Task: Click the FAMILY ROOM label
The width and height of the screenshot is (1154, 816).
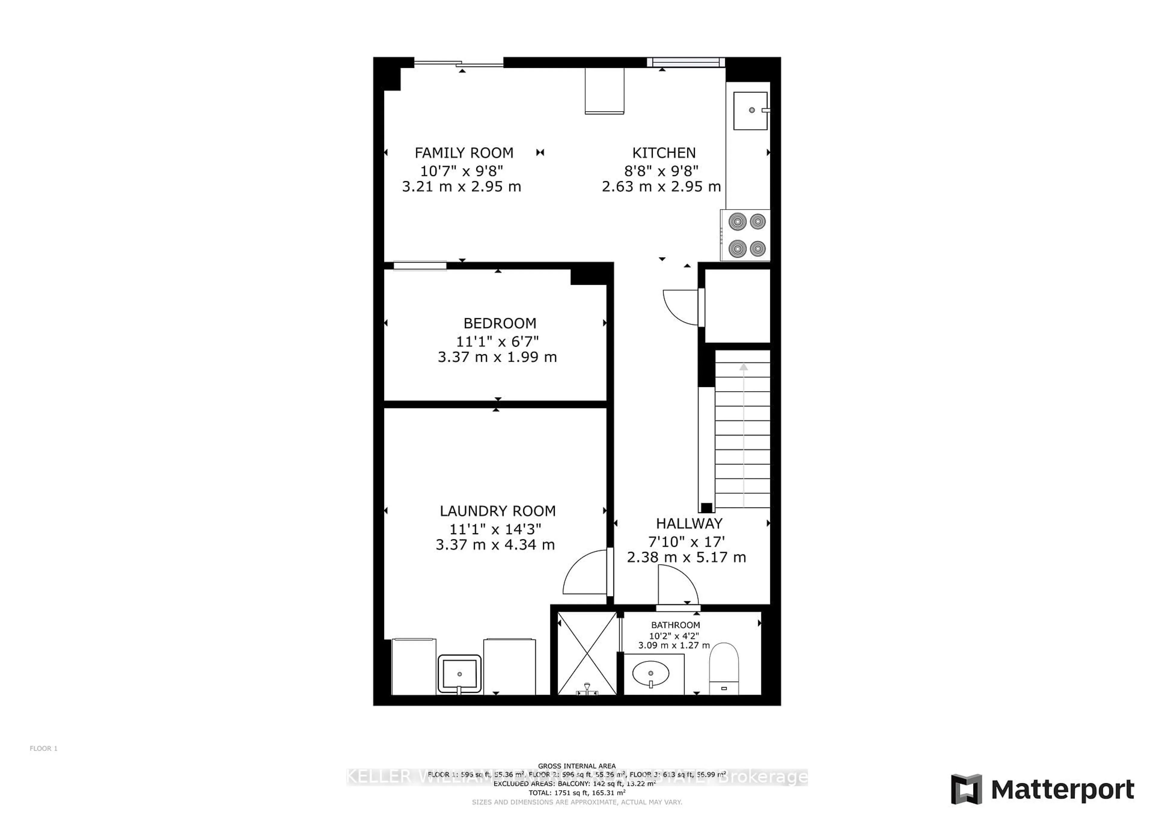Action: click(x=463, y=153)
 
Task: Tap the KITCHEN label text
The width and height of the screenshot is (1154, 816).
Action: click(x=664, y=153)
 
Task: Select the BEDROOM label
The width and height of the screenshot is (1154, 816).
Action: click(x=499, y=323)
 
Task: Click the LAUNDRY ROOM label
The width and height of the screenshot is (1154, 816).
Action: click(x=498, y=511)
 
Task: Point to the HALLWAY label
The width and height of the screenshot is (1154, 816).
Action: click(x=688, y=524)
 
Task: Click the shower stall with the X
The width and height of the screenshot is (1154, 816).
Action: click(x=587, y=653)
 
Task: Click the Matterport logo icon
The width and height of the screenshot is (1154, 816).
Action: click(x=966, y=789)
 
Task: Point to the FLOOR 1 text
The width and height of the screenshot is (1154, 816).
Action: click(x=44, y=748)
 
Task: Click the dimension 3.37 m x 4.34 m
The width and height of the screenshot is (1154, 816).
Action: click(x=495, y=545)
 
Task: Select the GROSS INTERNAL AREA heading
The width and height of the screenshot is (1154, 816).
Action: click(x=576, y=766)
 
